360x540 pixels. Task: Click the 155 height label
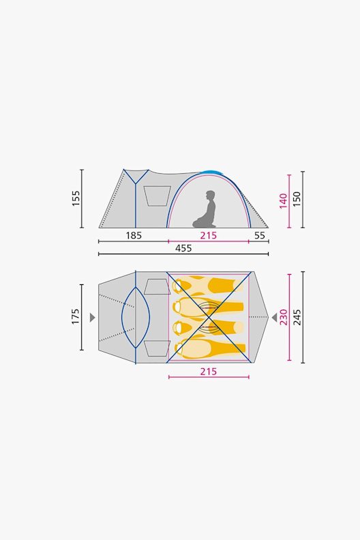tap(76, 198)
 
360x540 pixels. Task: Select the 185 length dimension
tap(133, 235)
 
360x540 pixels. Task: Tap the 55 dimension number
tap(259, 235)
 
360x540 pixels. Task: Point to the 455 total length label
tap(183, 249)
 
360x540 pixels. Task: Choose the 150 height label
tap(297, 199)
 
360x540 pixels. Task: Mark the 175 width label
tap(76, 316)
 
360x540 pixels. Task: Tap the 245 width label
tap(297, 317)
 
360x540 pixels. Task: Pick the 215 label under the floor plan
tap(208, 372)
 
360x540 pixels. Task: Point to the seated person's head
tap(210, 195)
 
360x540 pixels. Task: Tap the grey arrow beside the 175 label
tap(92, 317)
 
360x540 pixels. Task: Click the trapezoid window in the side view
tap(157, 195)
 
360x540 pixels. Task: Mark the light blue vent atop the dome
tap(213, 172)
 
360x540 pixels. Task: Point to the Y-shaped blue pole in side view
tap(136, 179)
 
